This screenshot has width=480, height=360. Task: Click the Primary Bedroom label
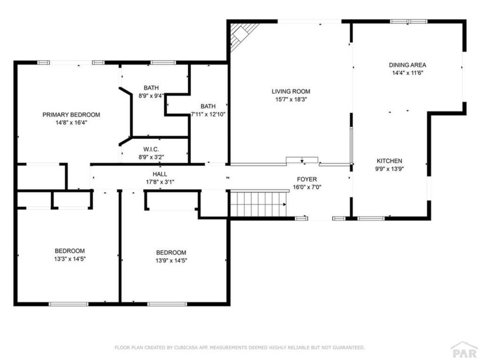[x=71, y=115]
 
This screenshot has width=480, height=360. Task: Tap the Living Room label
[x=291, y=91]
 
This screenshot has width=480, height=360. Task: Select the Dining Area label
[x=407, y=65]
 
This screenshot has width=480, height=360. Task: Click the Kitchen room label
[x=389, y=161]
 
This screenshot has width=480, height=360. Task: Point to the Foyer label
[x=307, y=179]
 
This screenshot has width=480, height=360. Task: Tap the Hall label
[x=160, y=174]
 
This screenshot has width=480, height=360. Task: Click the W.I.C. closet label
[x=151, y=149]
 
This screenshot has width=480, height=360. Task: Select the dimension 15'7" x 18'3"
[x=291, y=99]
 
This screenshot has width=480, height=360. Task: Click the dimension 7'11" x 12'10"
[x=208, y=114]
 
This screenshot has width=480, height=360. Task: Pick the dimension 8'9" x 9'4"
[x=151, y=95]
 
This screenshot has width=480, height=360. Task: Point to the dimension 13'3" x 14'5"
[x=70, y=259]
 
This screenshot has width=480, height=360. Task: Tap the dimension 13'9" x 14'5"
[x=171, y=261]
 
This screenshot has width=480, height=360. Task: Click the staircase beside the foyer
[x=259, y=204]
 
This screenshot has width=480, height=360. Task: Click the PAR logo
[x=465, y=350]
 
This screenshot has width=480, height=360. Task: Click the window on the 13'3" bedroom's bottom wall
[x=69, y=304]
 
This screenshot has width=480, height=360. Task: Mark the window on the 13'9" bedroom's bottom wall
[x=167, y=304]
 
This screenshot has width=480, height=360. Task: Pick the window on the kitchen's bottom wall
[x=371, y=218]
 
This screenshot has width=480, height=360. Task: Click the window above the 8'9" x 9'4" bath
[x=163, y=62]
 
